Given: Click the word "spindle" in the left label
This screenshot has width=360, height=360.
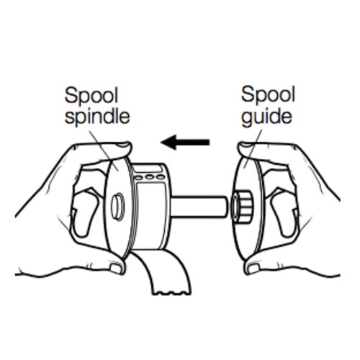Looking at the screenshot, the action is point(97,117).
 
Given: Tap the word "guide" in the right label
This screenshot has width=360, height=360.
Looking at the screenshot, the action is point(266,117).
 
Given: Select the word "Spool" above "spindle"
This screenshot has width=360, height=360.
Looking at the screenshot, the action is point(91,96).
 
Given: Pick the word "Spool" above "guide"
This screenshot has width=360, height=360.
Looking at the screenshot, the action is point(268,95).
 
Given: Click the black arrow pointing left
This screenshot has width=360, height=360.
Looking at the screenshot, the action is point(185,143).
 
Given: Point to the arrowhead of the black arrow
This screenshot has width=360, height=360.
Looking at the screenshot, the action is point(168,143).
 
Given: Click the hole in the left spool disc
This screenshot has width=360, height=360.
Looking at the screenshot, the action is point(117,207).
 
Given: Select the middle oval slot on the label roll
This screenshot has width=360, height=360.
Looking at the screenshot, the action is point(149,178).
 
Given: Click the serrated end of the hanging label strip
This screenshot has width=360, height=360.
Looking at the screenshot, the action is point(172,292).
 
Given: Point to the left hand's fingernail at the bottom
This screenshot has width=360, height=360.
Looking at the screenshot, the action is point(116,269).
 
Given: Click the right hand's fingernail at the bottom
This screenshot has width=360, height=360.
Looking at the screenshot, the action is point(253,269).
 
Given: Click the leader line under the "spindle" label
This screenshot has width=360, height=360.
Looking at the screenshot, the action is point(104,150).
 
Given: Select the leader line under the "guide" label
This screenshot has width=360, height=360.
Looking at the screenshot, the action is point(253,149).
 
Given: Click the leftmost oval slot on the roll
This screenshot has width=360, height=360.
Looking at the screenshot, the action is point(138,178).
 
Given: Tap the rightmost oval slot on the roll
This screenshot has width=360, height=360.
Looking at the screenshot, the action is point(160,177).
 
